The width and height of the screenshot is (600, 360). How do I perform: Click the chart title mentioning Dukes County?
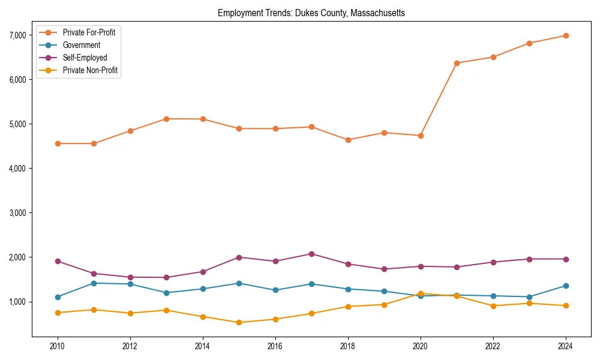[x=311, y=13]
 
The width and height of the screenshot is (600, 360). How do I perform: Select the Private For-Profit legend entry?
[x=88, y=32]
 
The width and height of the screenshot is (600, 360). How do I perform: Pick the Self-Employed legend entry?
[x=85, y=58]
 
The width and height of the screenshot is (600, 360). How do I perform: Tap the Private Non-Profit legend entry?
[x=90, y=71]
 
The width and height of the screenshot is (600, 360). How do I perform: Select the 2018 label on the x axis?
[x=347, y=347]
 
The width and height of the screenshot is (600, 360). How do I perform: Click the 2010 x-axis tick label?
[x=58, y=347]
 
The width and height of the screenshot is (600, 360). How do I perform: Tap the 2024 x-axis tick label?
[x=565, y=347]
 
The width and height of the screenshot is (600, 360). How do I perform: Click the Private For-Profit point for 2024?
[x=565, y=35]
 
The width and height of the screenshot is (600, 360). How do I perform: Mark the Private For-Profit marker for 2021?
[x=457, y=63]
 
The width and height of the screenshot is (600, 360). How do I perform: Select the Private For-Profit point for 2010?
[x=58, y=143]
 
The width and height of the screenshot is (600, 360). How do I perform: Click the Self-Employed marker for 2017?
[x=311, y=254]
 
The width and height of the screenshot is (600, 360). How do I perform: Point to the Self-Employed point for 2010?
[x=58, y=261]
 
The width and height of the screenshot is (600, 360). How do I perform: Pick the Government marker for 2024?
[x=565, y=286]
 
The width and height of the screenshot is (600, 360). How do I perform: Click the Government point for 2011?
[x=94, y=283]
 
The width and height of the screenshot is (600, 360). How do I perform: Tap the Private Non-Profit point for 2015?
[x=239, y=322]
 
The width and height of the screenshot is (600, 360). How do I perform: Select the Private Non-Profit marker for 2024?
[x=565, y=306]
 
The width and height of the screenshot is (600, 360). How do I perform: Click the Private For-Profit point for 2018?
[x=347, y=140]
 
